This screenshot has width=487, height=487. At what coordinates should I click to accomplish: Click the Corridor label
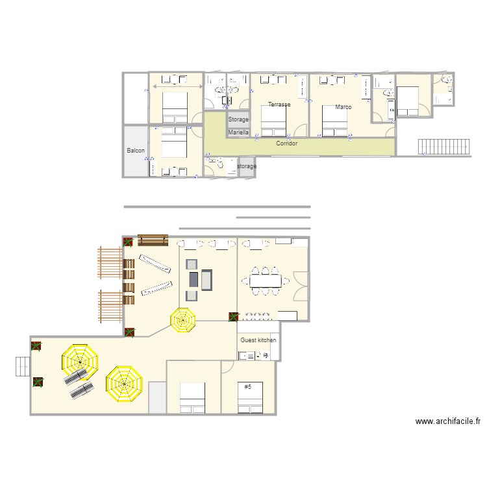pyautogui.click(x=286, y=144)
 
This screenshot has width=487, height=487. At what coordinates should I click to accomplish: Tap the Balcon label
pyautogui.click(x=136, y=151)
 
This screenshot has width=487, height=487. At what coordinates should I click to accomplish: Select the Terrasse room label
pyautogui.click(x=279, y=105)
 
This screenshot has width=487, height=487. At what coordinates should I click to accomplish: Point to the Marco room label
pyautogui.click(x=343, y=107)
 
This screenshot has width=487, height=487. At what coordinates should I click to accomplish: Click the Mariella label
pyautogui.click(x=238, y=132)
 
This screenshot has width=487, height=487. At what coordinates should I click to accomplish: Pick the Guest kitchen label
pyautogui.click(x=258, y=340)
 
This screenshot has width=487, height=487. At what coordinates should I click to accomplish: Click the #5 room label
pyautogui.click(x=248, y=387)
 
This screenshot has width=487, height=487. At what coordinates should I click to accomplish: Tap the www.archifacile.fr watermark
pyautogui.click(x=448, y=421)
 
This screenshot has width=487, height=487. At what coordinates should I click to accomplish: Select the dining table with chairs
pyautogui.click(x=266, y=281)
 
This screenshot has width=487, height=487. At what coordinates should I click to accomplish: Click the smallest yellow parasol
pyautogui.click(x=183, y=319)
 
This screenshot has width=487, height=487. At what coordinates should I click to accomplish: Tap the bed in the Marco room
pyautogui.click(x=336, y=120)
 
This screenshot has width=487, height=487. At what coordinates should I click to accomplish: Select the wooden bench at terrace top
pyautogui.click(x=153, y=240)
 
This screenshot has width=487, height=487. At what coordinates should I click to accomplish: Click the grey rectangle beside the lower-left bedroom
pyautogui.click(x=158, y=398)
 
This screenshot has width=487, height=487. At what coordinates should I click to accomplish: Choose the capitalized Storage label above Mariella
pyautogui.click(x=238, y=120)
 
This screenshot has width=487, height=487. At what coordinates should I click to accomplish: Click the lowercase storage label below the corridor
pyautogui.click(x=247, y=167)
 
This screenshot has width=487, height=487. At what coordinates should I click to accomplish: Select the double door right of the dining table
pyautogui.click(x=300, y=286)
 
